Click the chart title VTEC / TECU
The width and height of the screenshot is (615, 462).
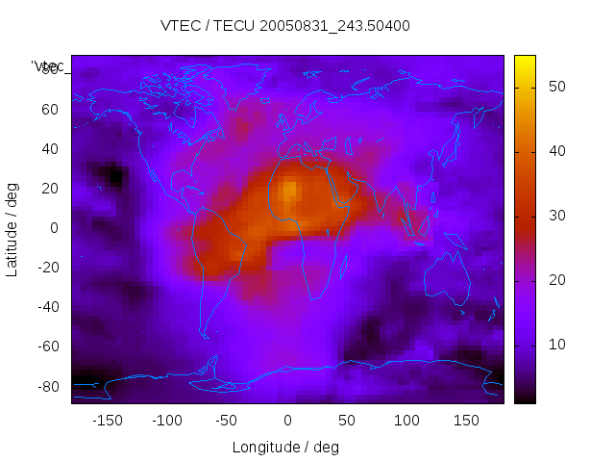click(x=285, y=26)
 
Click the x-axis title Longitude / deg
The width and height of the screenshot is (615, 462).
click(x=285, y=447)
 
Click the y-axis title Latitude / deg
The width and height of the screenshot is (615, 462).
click(x=12, y=228)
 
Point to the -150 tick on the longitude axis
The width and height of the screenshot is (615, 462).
click(x=107, y=421)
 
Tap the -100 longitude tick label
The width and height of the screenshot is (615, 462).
click(x=166, y=421)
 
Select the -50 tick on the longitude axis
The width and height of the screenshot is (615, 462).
click(x=227, y=421)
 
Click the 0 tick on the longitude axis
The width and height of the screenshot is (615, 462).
click(x=286, y=421)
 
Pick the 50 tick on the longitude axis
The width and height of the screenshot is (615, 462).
click(x=346, y=421)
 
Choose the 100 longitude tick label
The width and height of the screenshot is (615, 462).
click(x=406, y=421)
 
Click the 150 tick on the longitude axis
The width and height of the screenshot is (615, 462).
click(x=466, y=421)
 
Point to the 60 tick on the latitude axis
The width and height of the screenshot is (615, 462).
click(x=50, y=109)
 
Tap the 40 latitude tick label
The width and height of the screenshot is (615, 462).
click(x=50, y=148)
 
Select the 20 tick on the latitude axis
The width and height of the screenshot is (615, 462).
click(x=50, y=188)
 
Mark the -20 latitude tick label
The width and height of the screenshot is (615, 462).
click(x=47, y=268)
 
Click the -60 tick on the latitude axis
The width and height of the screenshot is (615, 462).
click(x=47, y=346)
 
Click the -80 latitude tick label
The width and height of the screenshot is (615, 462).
click(x=47, y=386)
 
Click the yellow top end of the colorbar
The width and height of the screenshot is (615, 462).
click(x=525, y=60)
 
